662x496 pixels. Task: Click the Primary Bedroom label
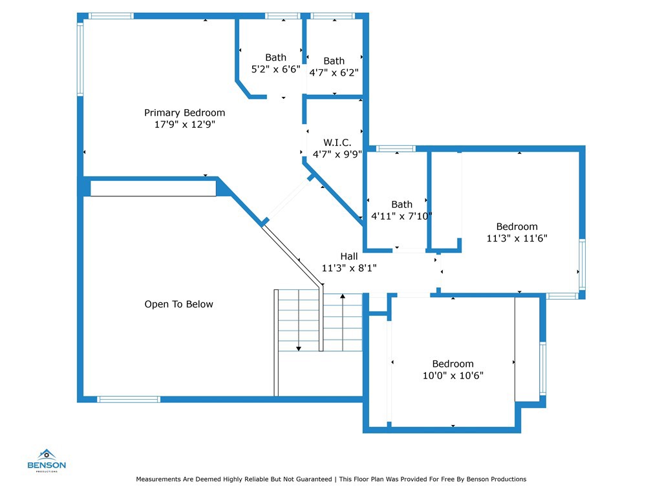coord(184,113)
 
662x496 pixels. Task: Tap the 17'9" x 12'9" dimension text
coord(184,125)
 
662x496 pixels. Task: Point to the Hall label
coord(348,256)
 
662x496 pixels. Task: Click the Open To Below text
coord(178,304)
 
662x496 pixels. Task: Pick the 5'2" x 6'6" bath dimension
coord(275,69)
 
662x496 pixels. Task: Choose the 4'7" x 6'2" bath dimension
coord(334,72)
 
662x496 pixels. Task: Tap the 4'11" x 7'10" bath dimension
coord(401,216)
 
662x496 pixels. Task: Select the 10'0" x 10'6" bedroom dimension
coord(453,375)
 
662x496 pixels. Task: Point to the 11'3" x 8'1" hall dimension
coord(348,268)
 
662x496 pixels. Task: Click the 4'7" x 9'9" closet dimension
coord(337,154)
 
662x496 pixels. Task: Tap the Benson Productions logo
coord(47,460)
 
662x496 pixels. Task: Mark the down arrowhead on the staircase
coord(299,349)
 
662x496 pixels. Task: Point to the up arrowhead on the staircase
coord(343,295)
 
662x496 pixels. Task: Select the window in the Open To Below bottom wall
coord(129,399)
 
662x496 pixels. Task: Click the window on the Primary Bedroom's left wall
coord(80,59)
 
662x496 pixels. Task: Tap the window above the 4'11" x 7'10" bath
coord(396,149)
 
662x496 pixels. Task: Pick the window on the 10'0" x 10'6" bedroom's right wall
coord(543,368)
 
